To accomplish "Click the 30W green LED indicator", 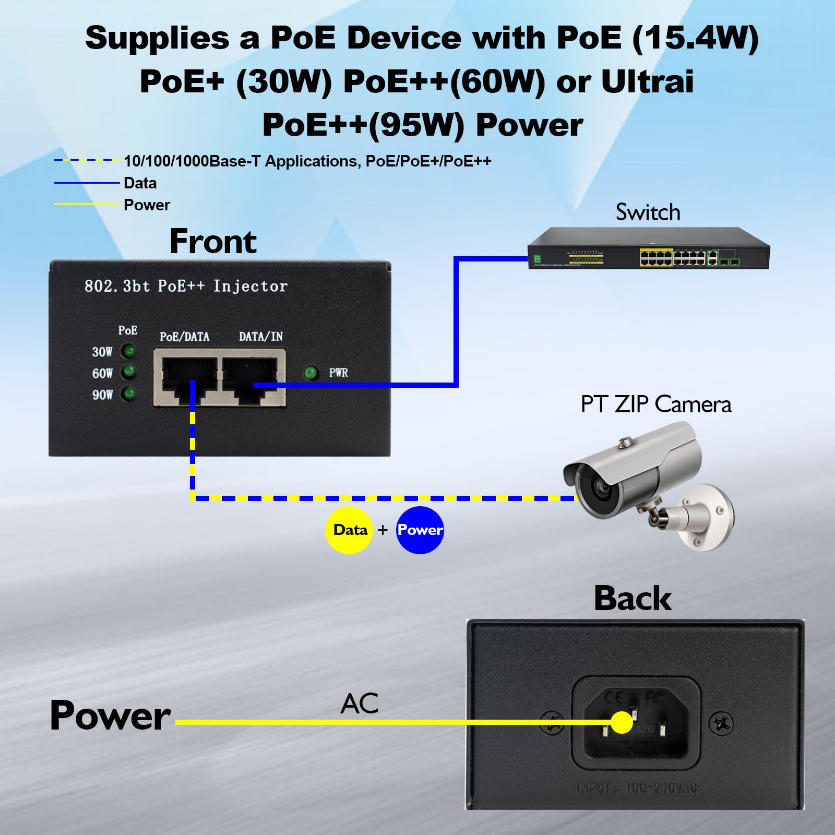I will [x=129, y=351].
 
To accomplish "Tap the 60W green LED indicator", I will [x=129, y=372].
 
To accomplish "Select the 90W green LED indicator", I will [x=129, y=393].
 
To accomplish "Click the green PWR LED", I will [x=311, y=373].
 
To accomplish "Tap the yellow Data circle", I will [x=349, y=530].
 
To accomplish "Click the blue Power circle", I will [x=420, y=530].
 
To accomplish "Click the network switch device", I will [x=649, y=249].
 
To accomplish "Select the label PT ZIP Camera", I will [x=656, y=404].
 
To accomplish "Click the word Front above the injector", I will [x=213, y=241].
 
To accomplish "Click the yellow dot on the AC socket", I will [x=621, y=723].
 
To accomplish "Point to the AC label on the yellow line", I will [x=359, y=703].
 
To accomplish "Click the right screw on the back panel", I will [x=722, y=723].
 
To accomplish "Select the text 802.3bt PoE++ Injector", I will [x=186, y=286].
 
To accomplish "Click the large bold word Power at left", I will [x=110, y=715].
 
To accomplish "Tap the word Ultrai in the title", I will [x=647, y=82].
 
